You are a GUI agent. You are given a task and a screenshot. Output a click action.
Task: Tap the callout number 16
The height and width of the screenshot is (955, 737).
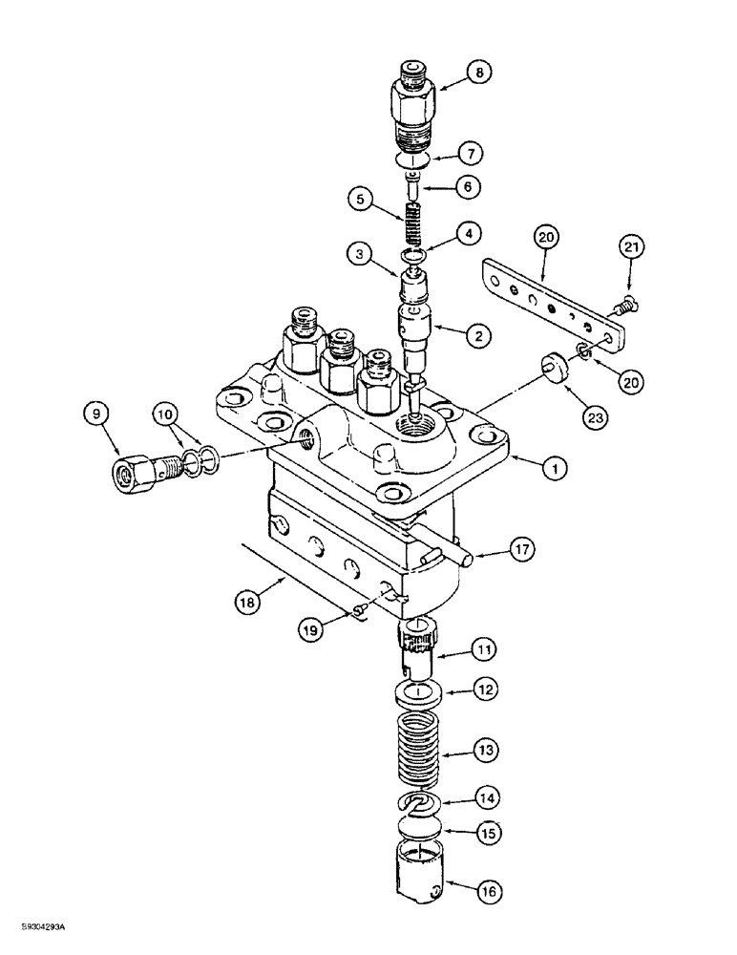pyautogui.click(x=489, y=893)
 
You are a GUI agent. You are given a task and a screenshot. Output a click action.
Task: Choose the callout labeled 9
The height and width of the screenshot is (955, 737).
pyautogui.click(x=94, y=415)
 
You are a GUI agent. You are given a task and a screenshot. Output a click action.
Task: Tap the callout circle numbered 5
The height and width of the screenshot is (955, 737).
pyautogui.click(x=360, y=202)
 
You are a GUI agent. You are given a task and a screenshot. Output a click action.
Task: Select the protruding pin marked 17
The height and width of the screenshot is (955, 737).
pyautogui.click(x=449, y=548)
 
